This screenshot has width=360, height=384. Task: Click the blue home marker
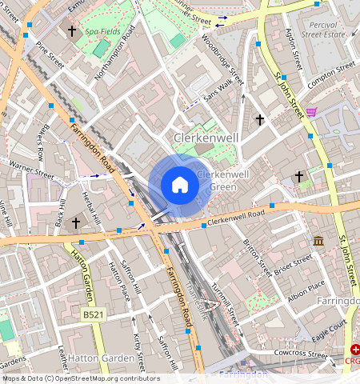point(180,186)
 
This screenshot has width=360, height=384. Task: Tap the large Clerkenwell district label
point(207,138)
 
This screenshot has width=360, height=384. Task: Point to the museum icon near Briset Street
point(318,241)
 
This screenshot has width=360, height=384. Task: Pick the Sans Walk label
point(222,87)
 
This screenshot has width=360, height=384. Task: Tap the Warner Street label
point(31,170)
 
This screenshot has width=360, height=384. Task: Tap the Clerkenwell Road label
point(235,218)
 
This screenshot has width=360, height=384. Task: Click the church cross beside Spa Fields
point(72,32)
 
